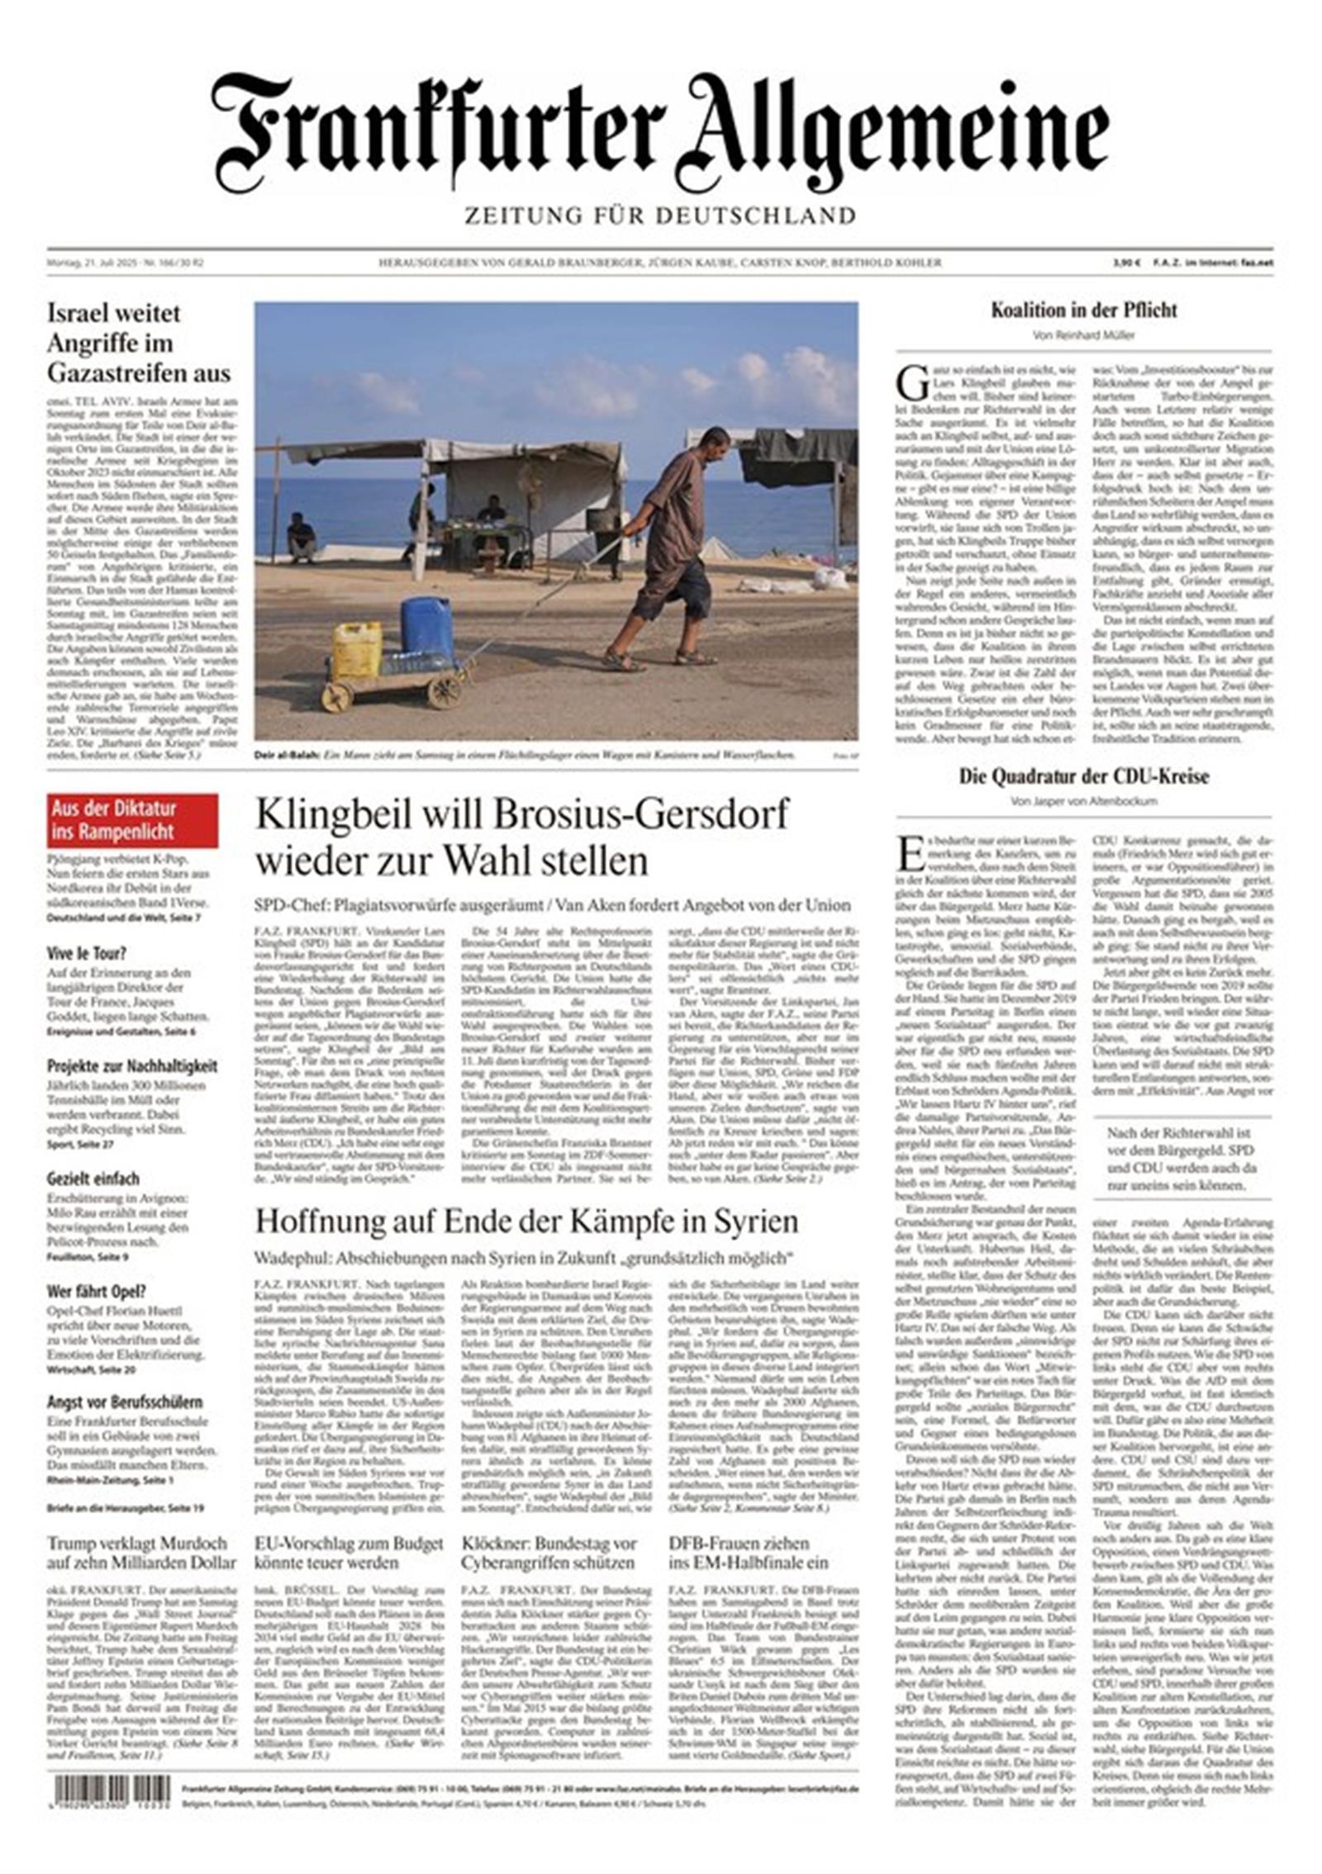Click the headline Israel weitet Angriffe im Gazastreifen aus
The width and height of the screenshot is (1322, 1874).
[x=139, y=343]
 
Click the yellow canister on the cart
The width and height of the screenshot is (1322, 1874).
[x=357, y=650]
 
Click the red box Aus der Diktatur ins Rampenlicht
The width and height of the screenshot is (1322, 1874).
[x=132, y=819]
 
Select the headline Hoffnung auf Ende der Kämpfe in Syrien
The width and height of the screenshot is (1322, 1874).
[x=526, y=1221]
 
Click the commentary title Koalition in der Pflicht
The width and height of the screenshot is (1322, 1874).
[x=1083, y=311]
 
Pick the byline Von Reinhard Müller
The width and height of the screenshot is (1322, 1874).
[x=1083, y=335]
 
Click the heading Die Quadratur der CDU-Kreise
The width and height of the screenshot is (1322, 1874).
[x=1083, y=776]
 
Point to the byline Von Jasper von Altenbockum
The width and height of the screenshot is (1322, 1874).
[x=1083, y=801]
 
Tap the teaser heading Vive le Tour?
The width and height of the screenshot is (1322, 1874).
[x=87, y=953]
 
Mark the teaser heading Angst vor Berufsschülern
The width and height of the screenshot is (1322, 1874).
[x=125, y=1402]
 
